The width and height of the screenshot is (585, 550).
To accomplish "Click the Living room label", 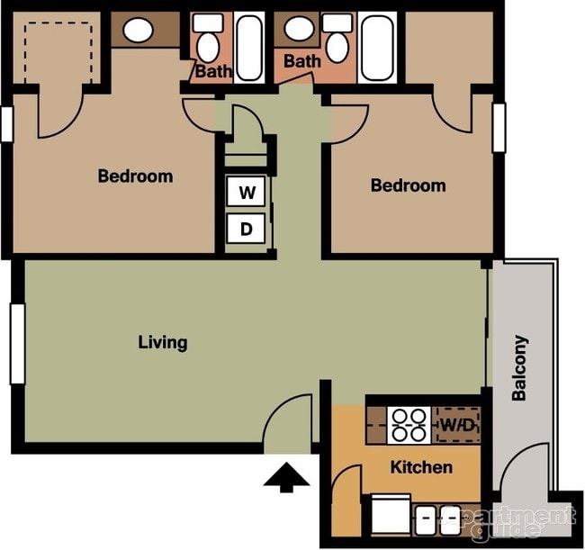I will (x=163, y=342).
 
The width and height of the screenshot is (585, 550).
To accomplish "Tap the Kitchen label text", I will (x=420, y=467).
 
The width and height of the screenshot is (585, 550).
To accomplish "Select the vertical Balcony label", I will (x=520, y=367).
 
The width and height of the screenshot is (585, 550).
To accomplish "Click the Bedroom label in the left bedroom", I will (x=135, y=176).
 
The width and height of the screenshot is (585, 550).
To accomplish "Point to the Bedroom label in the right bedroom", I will (x=409, y=185).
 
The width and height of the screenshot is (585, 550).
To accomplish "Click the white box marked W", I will (x=246, y=193).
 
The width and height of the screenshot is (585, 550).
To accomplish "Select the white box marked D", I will (x=246, y=230).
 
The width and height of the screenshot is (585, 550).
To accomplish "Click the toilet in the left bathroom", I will (x=208, y=40).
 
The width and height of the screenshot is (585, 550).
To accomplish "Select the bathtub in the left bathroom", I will (x=249, y=48).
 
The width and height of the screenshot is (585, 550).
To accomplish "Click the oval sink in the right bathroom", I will (x=294, y=32).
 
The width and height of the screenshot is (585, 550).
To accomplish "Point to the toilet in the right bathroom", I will (x=337, y=40).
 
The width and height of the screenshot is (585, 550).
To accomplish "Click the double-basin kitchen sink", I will (x=438, y=519).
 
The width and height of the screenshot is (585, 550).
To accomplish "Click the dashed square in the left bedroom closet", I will (x=58, y=50).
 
